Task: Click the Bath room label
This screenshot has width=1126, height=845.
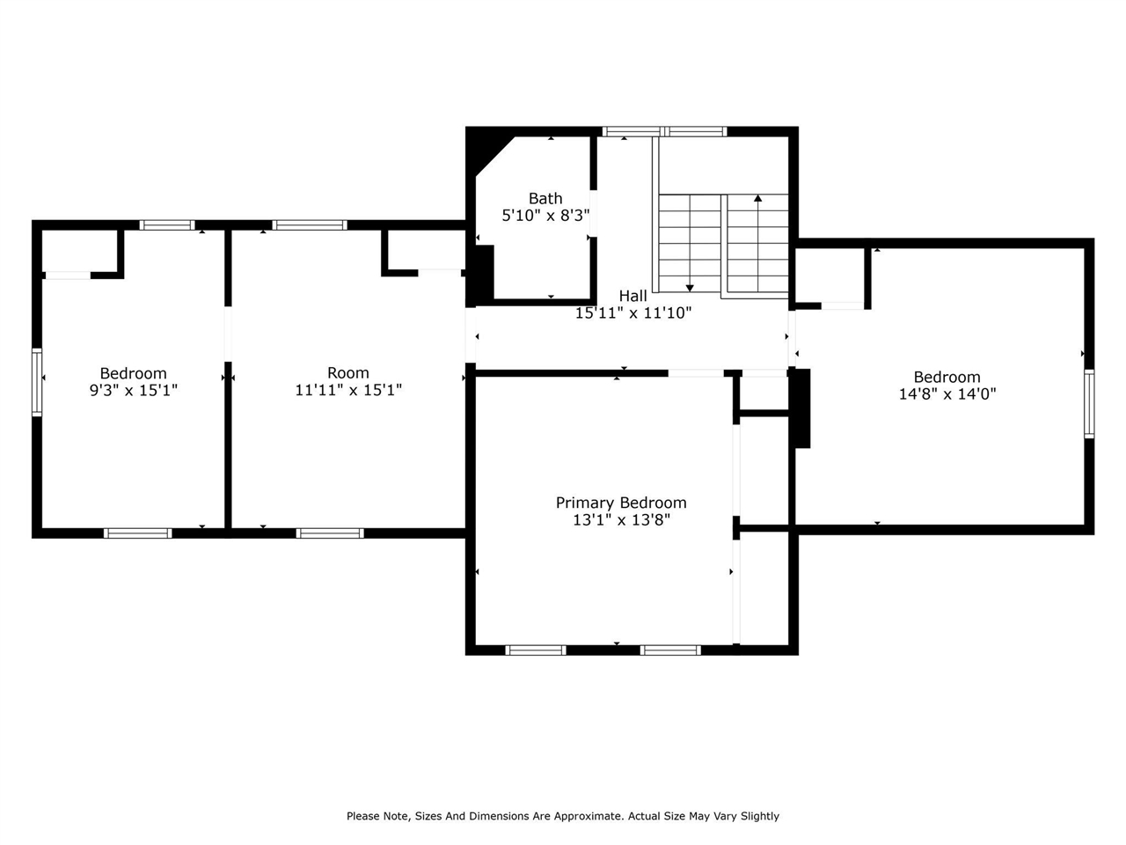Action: coord(545,199)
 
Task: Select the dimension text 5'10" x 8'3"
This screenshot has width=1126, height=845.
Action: coord(545,215)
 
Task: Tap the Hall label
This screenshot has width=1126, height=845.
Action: coord(632,296)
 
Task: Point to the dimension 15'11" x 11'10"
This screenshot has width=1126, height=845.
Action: coord(633,312)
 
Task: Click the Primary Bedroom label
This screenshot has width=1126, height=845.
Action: coord(621,503)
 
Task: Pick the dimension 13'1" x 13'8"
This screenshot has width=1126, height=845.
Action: coord(621,520)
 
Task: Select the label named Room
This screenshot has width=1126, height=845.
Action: coord(348,372)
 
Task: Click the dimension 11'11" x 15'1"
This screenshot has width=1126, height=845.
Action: coord(348,390)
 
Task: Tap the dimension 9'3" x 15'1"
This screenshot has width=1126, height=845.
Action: coord(133,390)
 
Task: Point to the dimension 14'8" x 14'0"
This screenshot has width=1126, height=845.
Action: coord(947,394)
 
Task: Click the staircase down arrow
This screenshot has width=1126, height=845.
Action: coord(690,287)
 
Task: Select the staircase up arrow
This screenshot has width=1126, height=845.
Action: coord(757,199)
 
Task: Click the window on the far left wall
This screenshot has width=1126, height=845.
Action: coord(37,381)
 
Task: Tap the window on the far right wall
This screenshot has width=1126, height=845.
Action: coord(1089,403)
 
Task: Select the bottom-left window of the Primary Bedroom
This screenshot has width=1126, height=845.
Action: coord(536,650)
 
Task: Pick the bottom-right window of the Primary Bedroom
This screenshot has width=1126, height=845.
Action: coord(670,650)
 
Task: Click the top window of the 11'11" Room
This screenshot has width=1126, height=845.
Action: coord(310,225)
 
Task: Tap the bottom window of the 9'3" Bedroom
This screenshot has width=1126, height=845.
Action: coord(137,533)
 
